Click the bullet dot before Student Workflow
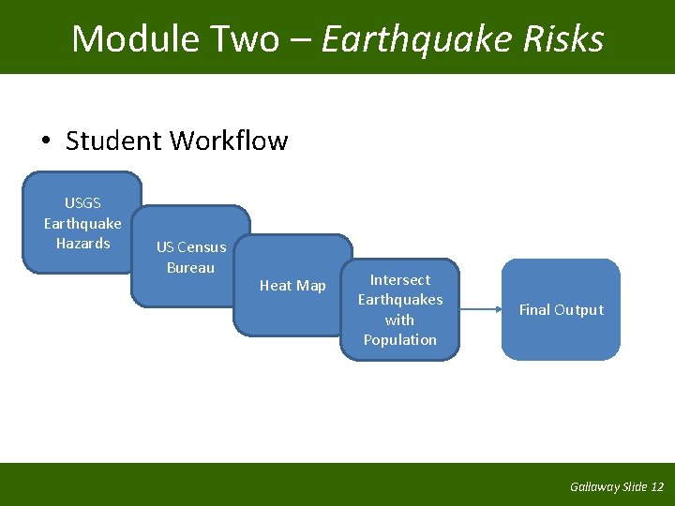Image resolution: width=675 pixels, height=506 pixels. click(x=46, y=141)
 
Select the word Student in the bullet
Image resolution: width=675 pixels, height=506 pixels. click(x=114, y=141)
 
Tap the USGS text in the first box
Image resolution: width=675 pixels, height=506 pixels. click(x=82, y=202)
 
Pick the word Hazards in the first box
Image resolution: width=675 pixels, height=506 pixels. click(x=82, y=244)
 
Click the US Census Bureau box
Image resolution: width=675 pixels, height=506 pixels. click(x=190, y=257)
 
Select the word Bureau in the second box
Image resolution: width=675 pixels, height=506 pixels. click(x=190, y=268)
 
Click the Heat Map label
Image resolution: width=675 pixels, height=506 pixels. click(x=292, y=286)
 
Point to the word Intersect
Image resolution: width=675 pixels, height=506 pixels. click(x=400, y=279)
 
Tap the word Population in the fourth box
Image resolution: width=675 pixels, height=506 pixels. click(x=400, y=340)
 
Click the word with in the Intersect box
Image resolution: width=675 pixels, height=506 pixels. click(x=400, y=320)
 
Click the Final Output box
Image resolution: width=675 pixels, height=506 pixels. click(x=561, y=310)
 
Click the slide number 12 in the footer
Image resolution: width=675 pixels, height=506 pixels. click(x=656, y=486)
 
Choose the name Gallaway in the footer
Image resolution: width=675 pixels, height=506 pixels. click(x=594, y=486)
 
